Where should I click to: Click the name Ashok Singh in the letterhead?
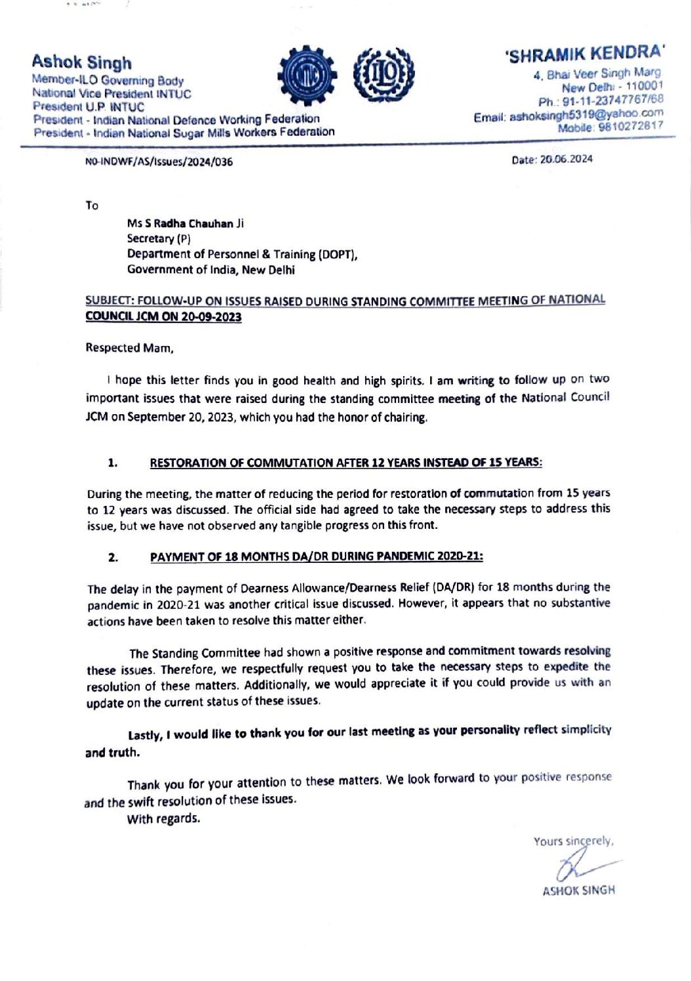[x=81, y=63]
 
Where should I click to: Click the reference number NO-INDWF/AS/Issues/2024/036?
[x=159, y=162]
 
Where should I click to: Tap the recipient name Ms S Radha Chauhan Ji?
[x=185, y=223]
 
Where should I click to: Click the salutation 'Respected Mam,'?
[x=129, y=348]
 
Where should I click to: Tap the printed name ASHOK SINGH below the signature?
[x=578, y=891]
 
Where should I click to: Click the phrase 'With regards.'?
[x=163, y=818]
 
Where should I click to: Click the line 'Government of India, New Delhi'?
[x=210, y=270]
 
